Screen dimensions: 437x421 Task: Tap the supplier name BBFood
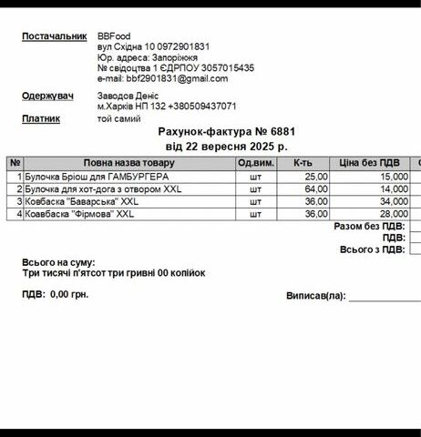(x=114, y=36)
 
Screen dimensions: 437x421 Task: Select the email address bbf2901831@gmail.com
(x=161, y=77)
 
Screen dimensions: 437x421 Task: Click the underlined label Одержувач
(x=47, y=95)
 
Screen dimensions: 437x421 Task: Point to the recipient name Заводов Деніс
(x=128, y=95)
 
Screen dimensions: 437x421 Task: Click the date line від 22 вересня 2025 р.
(x=226, y=145)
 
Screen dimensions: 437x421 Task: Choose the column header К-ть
(x=303, y=163)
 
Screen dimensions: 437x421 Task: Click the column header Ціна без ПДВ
(x=370, y=163)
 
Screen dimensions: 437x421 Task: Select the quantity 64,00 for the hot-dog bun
(x=315, y=188)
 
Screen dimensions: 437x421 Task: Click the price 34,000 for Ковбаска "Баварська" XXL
(x=394, y=201)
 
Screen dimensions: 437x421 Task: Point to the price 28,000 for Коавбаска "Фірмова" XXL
(x=394, y=214)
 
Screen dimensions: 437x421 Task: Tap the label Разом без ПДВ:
(x=369, y=227)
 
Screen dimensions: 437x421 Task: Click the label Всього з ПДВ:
(x=372, y=249)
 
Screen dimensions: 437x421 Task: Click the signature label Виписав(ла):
(x=315, y=296)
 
